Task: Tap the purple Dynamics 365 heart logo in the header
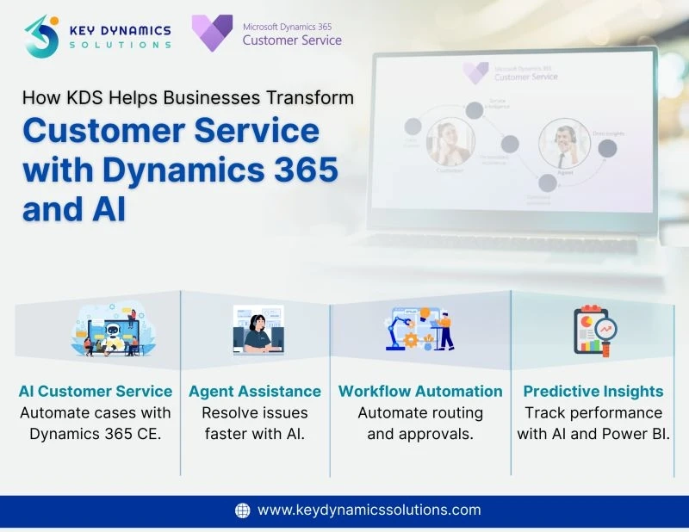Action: pos(212,33)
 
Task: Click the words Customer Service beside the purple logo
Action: pos(292,40)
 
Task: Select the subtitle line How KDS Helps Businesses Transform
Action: pos(188,97)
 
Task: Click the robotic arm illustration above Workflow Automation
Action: pos(419,329)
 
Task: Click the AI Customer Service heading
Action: pos(96,391)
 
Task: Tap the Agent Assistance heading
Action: pos(255,391)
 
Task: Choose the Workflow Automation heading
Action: pos(420,391)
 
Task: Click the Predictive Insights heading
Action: pos(593,391)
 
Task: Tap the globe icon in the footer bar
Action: pos(243,510)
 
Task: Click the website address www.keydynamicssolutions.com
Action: pos(369,510)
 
